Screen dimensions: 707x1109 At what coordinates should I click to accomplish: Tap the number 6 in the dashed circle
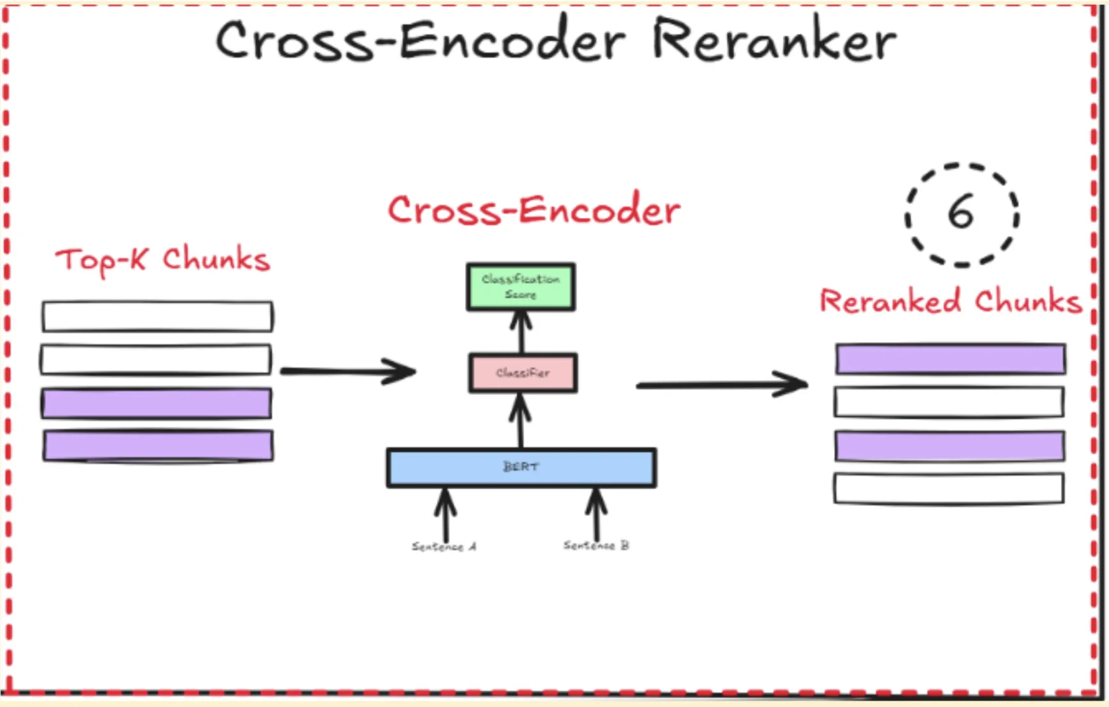[x=960, y=213]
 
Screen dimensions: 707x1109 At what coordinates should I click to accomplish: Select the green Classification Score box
[x=521, y=287]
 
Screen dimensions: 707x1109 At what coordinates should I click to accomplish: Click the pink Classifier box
[x=523, y=373]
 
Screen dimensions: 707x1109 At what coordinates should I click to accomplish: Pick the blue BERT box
[x=521, y=468]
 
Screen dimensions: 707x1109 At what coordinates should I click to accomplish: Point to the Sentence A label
[x=444, y=546]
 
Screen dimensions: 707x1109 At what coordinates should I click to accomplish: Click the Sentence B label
[x=596, y=545]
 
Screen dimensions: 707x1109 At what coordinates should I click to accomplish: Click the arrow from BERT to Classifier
[x=521, y=420]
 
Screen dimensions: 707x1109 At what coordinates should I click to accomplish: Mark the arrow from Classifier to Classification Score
[x=521, y=332]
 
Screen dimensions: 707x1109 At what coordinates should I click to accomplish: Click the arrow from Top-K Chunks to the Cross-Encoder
[x=347, y=371]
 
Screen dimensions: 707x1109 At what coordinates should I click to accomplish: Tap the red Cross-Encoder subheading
[x=534, y=210]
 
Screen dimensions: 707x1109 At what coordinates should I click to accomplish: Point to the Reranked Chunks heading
[x=950, y=301]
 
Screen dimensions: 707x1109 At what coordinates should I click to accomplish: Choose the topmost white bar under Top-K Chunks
[x=157, y=317]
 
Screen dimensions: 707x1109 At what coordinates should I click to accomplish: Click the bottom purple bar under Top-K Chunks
[x=158, y=445]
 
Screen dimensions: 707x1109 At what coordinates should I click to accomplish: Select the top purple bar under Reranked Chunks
[x=950, y=359]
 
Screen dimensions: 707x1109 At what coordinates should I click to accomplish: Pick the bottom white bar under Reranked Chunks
[x=949, y=489]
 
